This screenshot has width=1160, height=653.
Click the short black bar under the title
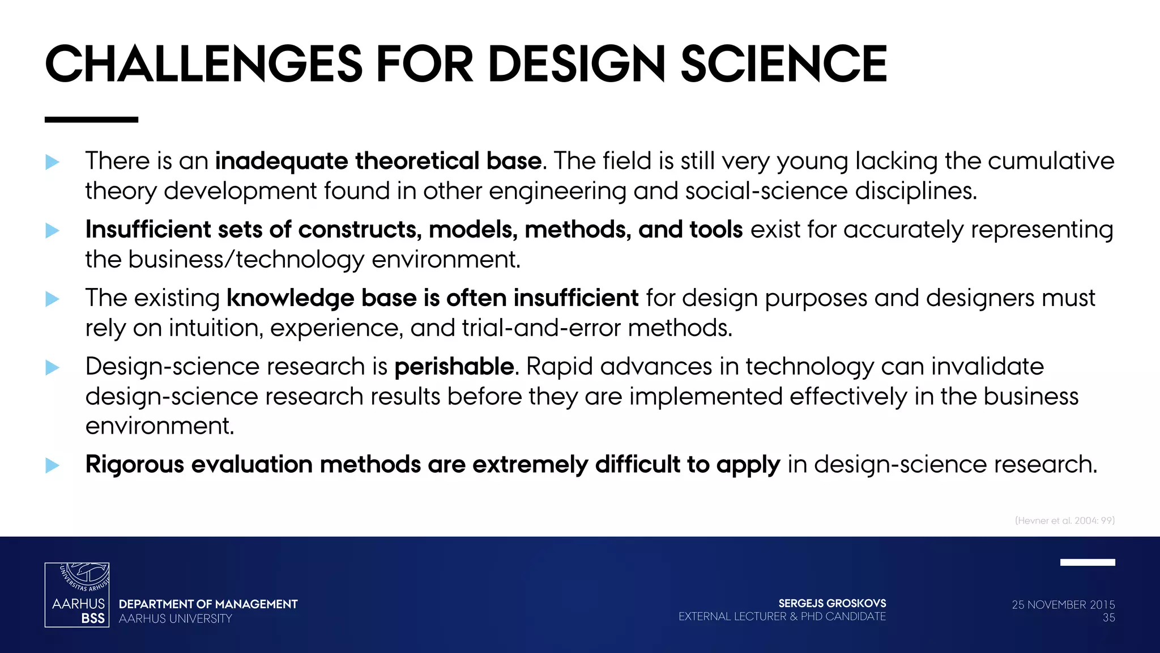pyautogui.click(x=91, y=120)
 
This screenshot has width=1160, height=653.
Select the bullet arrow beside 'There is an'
pyautogui.click(x=52, y=162)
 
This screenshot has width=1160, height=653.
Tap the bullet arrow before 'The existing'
pyautogui.click(x=52, y=299)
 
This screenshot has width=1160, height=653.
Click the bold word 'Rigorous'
pyautogui.click(x=135, y=464)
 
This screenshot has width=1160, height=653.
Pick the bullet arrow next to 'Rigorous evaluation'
pyautogui.click(x=52, y=465)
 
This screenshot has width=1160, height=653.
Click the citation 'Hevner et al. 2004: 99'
pyautogui.click(x=1064, y=520)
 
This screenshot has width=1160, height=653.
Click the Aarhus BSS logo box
pyautogui.click(x=77, y=595)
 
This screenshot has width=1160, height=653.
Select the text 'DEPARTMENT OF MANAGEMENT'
pyautogui.click(x=208, y=604)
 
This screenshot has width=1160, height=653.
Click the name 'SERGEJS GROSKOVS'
pyautogui.click(x=832, y=603)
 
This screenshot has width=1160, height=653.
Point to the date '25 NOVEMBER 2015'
pyautogui.click(x=1063, y=605)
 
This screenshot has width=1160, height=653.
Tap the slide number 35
pyautogui.click(x=1108, y=618)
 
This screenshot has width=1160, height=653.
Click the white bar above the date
pyautogui.click(x=1087, y=562)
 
